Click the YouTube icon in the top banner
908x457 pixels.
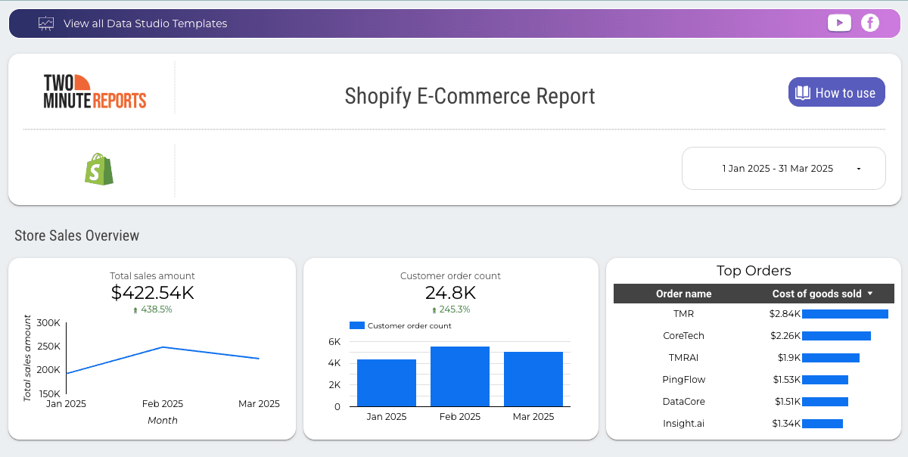(x=839, y=23)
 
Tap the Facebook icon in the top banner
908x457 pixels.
(x=870, y=23)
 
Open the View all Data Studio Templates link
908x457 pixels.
(x=145, y=23)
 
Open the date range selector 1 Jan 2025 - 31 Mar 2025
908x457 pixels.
(x=783, y=168)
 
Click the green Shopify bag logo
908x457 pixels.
(x=98, y=169)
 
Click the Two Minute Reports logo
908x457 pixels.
(x=95, y=92)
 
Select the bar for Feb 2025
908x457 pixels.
(x=459, y=377)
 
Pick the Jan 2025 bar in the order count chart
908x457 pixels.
(x=386, y=383)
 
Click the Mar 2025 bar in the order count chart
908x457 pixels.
(x=533, y=379)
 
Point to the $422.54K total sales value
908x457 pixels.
(x=152, y=292)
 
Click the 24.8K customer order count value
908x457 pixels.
(x=450, y=292)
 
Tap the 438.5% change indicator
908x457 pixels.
(x=152, y=309)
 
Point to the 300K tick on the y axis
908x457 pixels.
(x=48, y=323)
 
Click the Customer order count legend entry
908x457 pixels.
(x=401, y=326)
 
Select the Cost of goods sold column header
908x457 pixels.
(x=816, y=294)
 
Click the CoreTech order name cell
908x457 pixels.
(x=683, y=335)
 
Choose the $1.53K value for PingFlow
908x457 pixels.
(x=786, y=379)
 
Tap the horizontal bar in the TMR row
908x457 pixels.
(x=844, y=314)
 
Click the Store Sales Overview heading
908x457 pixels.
(x=77, y=235)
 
